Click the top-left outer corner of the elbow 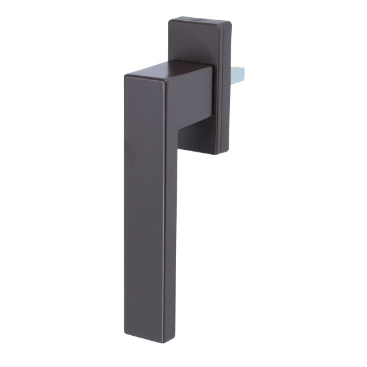coord(125,76)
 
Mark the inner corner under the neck coord(179,130)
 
